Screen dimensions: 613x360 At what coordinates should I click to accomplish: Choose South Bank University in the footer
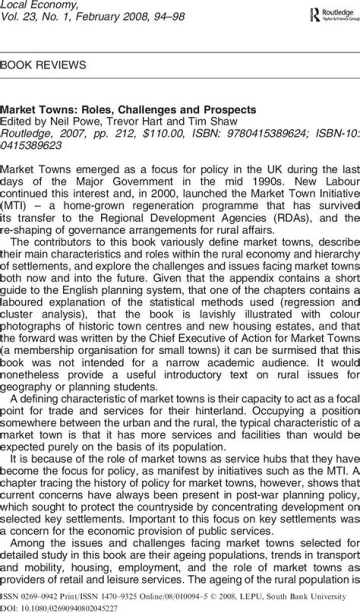click(x=308, y=596)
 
